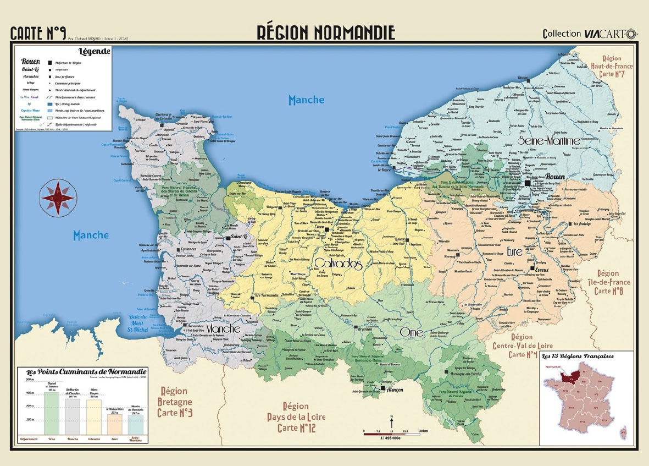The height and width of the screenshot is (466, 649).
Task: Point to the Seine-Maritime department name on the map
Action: pos(548,141)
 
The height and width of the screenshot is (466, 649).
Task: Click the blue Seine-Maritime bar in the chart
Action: pos(135,424)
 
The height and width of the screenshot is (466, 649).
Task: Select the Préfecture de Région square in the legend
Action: pos(49,63)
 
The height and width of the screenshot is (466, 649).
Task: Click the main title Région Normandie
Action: pos(325,32)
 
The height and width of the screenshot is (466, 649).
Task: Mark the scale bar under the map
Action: pos(391,433)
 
